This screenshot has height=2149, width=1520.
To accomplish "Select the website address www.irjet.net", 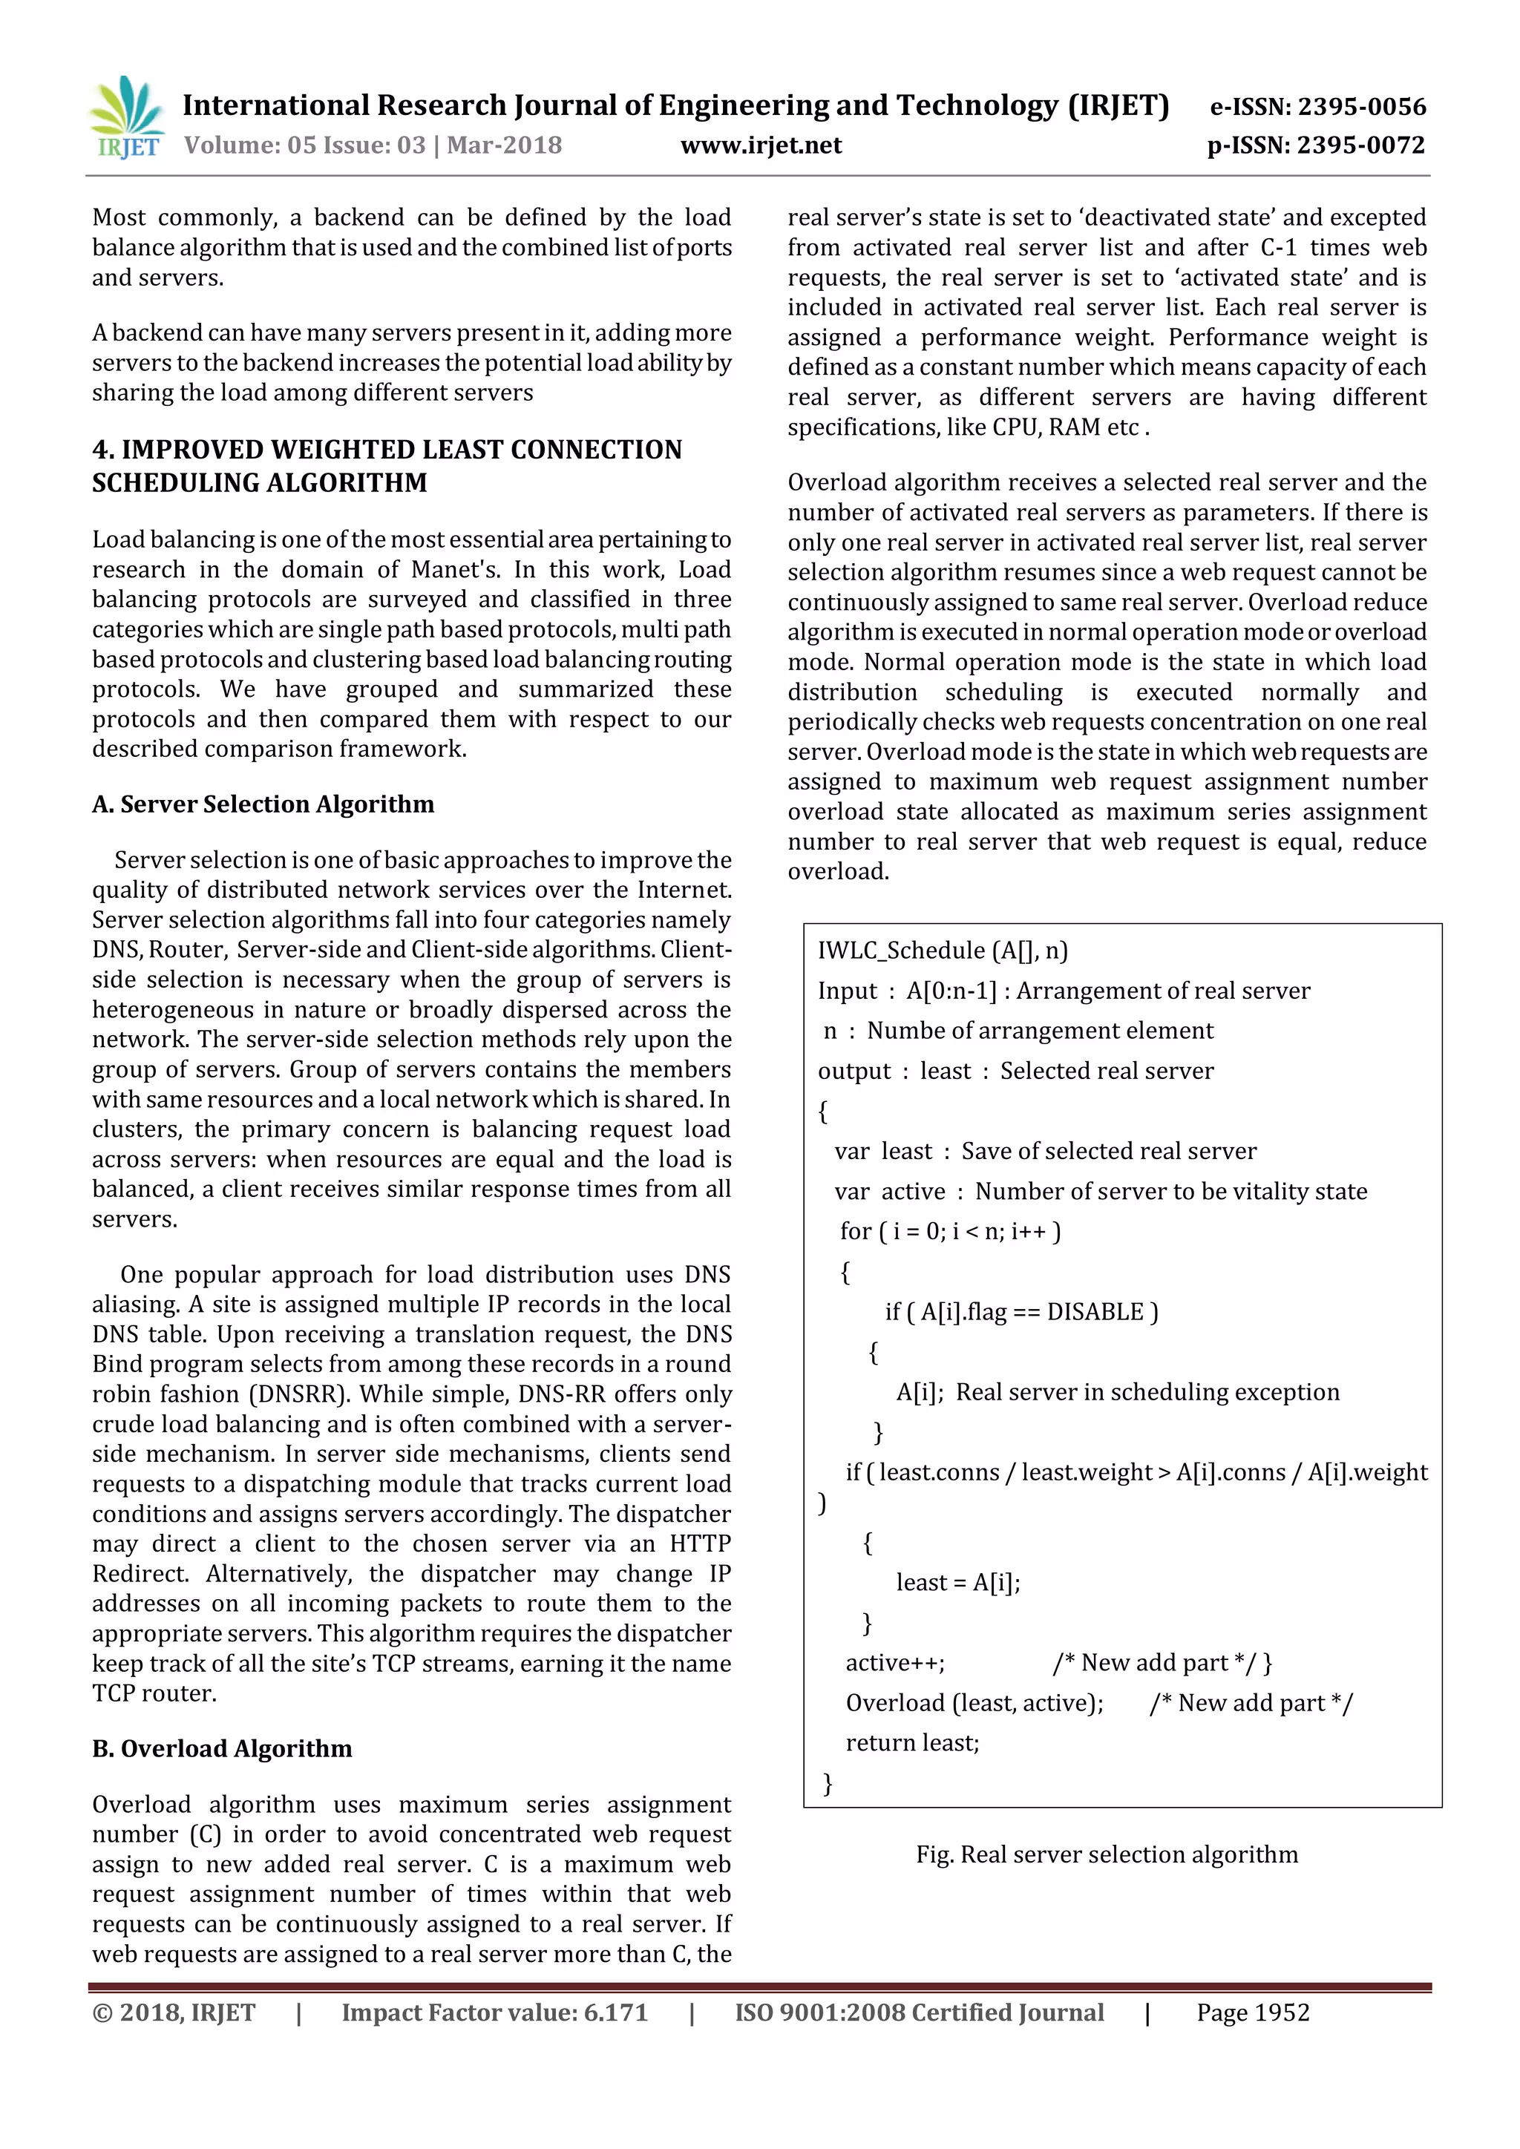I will (761, 145).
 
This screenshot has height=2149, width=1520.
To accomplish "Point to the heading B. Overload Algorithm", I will (222, 1748).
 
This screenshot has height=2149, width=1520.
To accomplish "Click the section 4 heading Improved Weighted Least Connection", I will (387, 466).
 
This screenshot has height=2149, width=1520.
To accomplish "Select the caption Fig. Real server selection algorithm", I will (1107, 1854).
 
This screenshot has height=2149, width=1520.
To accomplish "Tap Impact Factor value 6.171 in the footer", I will (494, 2012).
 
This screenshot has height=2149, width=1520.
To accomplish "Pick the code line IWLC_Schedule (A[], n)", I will (943, 951).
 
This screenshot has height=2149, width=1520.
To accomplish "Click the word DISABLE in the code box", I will (1095, 1312).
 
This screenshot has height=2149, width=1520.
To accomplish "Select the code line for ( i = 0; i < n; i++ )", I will (950, 1232).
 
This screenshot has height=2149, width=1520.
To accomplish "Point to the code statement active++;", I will (895, 1662).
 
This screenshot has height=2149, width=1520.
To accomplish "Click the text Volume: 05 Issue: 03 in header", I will (305, 145).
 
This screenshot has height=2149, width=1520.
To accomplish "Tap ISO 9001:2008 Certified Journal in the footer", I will (919, 2012).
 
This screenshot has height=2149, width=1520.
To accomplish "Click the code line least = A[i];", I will (957, 1583).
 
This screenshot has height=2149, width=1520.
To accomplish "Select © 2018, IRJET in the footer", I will (174, 2012).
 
